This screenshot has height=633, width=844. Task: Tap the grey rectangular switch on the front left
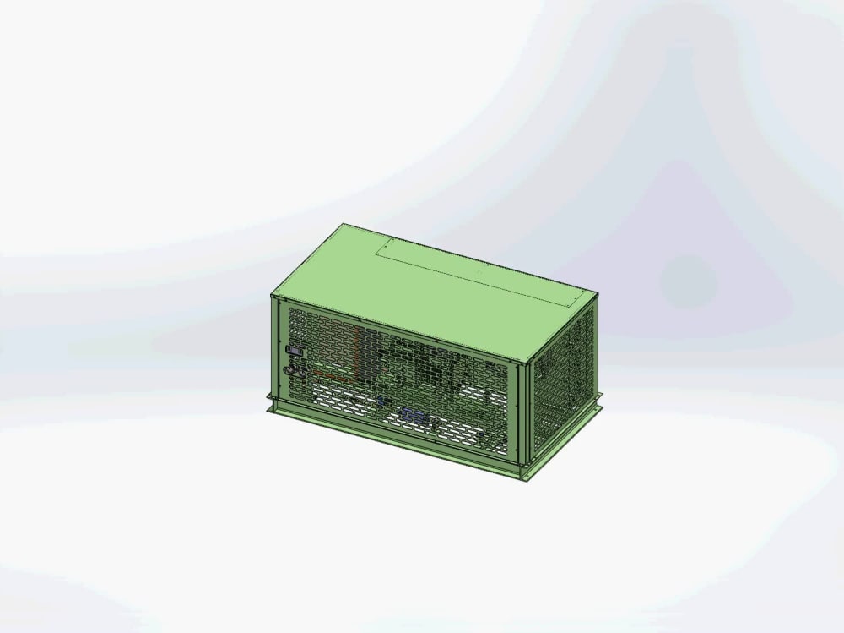(x=293, y=351)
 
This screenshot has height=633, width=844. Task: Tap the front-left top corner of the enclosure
(x=273, y=295)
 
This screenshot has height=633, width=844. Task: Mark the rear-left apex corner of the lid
(x=343, y=224)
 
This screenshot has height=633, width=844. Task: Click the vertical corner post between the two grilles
(x=524, y=414)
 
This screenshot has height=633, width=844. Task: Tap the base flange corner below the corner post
(x=527, y=476)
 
